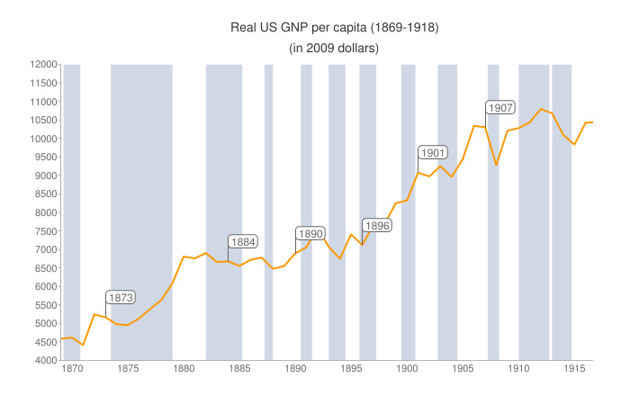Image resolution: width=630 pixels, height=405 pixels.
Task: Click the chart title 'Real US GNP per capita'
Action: tap(335, 29)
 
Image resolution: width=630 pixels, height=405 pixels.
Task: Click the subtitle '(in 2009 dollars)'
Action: tap(334, 48)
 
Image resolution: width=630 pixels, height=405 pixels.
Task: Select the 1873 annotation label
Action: tap(121, 297)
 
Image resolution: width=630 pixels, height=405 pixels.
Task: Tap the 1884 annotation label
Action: tap(243, 241)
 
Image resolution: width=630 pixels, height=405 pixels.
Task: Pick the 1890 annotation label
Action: tap(310, 233)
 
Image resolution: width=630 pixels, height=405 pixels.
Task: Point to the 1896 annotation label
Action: tap(377, 225)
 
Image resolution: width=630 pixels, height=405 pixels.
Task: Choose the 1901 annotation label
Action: tap(433, 152)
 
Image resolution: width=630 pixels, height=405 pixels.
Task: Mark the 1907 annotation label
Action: tap(499, 107)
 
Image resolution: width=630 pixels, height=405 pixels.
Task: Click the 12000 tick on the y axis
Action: tap(41, 65)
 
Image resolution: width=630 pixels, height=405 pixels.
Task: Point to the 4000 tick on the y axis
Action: tap(44, 361)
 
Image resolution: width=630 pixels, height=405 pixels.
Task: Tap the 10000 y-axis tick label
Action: tap(41, 139)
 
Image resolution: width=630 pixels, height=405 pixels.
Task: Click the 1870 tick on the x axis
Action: tap(71, 368)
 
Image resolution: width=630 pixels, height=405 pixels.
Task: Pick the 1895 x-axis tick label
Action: tap(351, 368)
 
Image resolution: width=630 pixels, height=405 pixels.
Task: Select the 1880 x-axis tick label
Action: tap(184, 368)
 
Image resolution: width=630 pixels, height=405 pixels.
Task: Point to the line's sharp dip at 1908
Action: tap(496, 165)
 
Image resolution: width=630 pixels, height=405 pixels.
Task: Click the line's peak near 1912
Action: tap(541, 110)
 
